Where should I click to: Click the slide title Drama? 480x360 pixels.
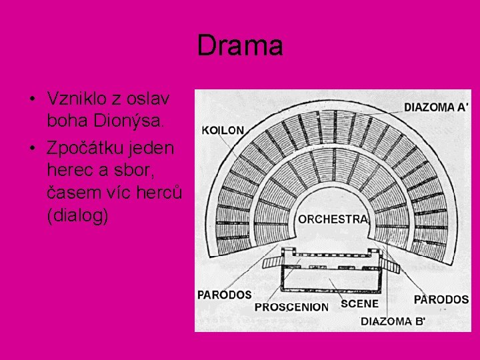[x=240, y=46]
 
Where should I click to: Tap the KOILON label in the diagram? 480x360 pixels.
[x=223, y=130]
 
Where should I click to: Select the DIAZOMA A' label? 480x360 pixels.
[x=436, y=107]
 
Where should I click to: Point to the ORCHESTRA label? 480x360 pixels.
[x=333, y=219]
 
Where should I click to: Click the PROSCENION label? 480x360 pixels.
[x=291, y=307]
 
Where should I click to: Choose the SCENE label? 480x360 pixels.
[x=359, y=303]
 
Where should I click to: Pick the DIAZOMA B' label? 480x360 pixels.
[x=393, y=321]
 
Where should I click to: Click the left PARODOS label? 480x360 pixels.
[x=225, y=294]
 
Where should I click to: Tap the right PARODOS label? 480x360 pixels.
[x=441, y=299]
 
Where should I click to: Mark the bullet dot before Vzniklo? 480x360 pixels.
[x=31, y=99]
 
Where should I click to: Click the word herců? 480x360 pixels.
[x=163, y=193]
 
